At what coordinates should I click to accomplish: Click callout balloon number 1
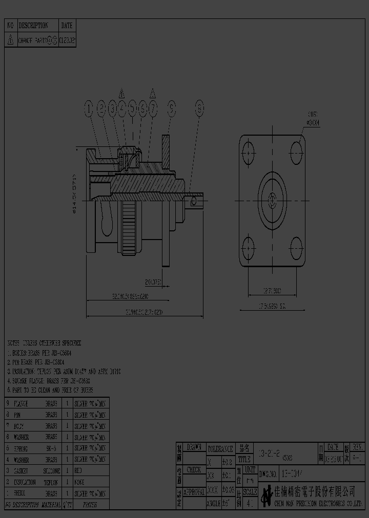[89, 107]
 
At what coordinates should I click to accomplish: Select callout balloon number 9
[171, 107]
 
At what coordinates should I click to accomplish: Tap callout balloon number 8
[199, 107]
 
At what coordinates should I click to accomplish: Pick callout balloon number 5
[133, 107]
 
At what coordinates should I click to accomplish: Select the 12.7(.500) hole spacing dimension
[273, 291]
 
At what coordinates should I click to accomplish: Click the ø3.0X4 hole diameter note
[313, 122]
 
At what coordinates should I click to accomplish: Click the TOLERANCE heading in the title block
[220, 448]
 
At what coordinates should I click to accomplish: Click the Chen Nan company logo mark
[266, 495]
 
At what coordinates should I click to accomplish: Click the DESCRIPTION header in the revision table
[33, 25]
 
